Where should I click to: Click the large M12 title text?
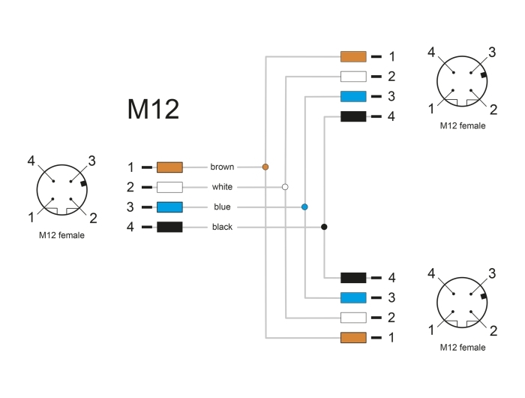[153, 109]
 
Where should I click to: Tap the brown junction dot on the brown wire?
[265, 167]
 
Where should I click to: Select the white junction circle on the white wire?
[285, 187]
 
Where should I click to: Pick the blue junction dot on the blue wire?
[304, 207]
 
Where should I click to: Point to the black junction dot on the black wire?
[324, 227]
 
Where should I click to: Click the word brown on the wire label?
[222, 167]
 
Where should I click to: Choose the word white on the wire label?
[222, 187]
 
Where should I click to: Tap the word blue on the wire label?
[222, 207]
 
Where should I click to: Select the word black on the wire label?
[222, 227]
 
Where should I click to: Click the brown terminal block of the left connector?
[169, 167]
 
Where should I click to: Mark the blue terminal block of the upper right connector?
[353, 96]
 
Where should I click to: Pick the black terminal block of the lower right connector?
[353, 278]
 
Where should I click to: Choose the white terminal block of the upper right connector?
[353, 77]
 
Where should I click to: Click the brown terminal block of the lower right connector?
[353, 338]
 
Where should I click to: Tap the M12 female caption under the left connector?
[61, 235]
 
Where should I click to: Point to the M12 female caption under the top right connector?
[463, 125]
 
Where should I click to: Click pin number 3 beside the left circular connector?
[91, 161]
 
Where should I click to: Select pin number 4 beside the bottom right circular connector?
[431, 273]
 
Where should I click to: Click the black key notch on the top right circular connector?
[483, 75]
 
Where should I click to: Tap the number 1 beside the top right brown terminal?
[391, 56]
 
